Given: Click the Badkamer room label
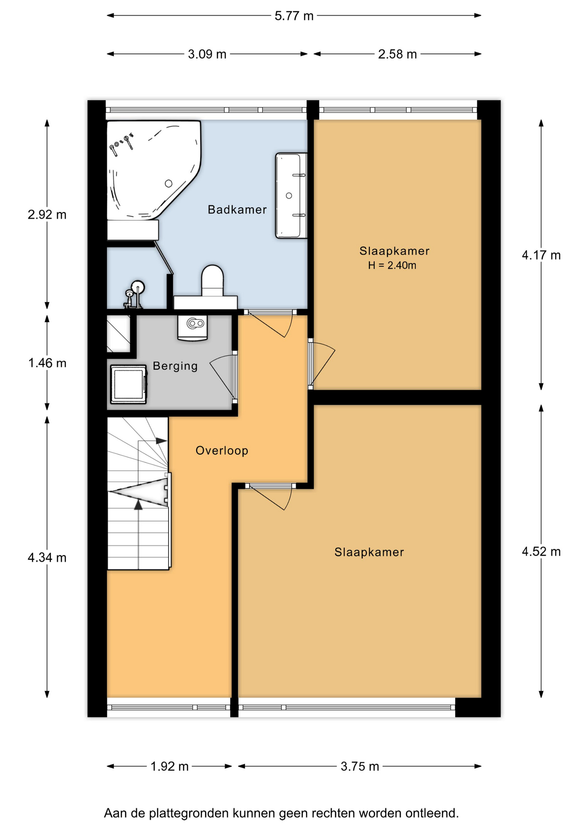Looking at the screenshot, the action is point(237,210).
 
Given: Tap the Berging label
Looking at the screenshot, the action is point(175,366).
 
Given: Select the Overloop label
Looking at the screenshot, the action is point(222,451).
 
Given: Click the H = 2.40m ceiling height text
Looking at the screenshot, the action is point(392,265).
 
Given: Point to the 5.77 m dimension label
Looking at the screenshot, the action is point(294,16).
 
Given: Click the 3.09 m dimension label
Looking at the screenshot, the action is point(207,54).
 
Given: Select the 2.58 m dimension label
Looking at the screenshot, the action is point(397,54).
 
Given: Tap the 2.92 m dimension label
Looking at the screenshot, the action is point(47,215).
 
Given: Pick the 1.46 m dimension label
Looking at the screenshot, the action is point(47,363).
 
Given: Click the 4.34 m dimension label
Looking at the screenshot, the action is point(47,557).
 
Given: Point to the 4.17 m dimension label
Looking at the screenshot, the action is point(541,255).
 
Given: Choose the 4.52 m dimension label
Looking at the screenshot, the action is point(541,551).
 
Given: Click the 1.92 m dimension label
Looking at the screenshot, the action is point(169,767).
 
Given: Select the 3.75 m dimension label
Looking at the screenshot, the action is point(359,767).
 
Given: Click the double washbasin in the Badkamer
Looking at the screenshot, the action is point(291,196).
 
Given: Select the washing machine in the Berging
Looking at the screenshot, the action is point(128,384).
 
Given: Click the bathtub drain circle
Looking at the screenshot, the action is point(168,184).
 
